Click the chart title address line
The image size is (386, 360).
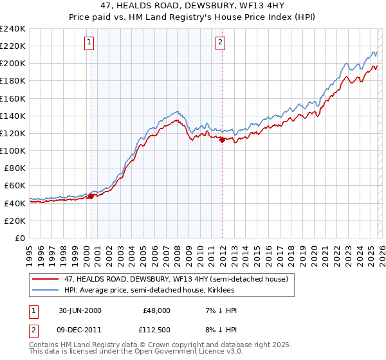tap(193, 6)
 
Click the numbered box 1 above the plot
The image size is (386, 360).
tap(89, 43)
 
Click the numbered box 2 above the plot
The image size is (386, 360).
tap(220, 43)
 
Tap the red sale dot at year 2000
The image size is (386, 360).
tap(91, 196)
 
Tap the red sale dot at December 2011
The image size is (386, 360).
tap(222, 139)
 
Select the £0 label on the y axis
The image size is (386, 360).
tap(19, 238)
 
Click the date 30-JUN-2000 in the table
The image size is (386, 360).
tap(79, 310)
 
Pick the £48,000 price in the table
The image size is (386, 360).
tap(156, 310)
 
